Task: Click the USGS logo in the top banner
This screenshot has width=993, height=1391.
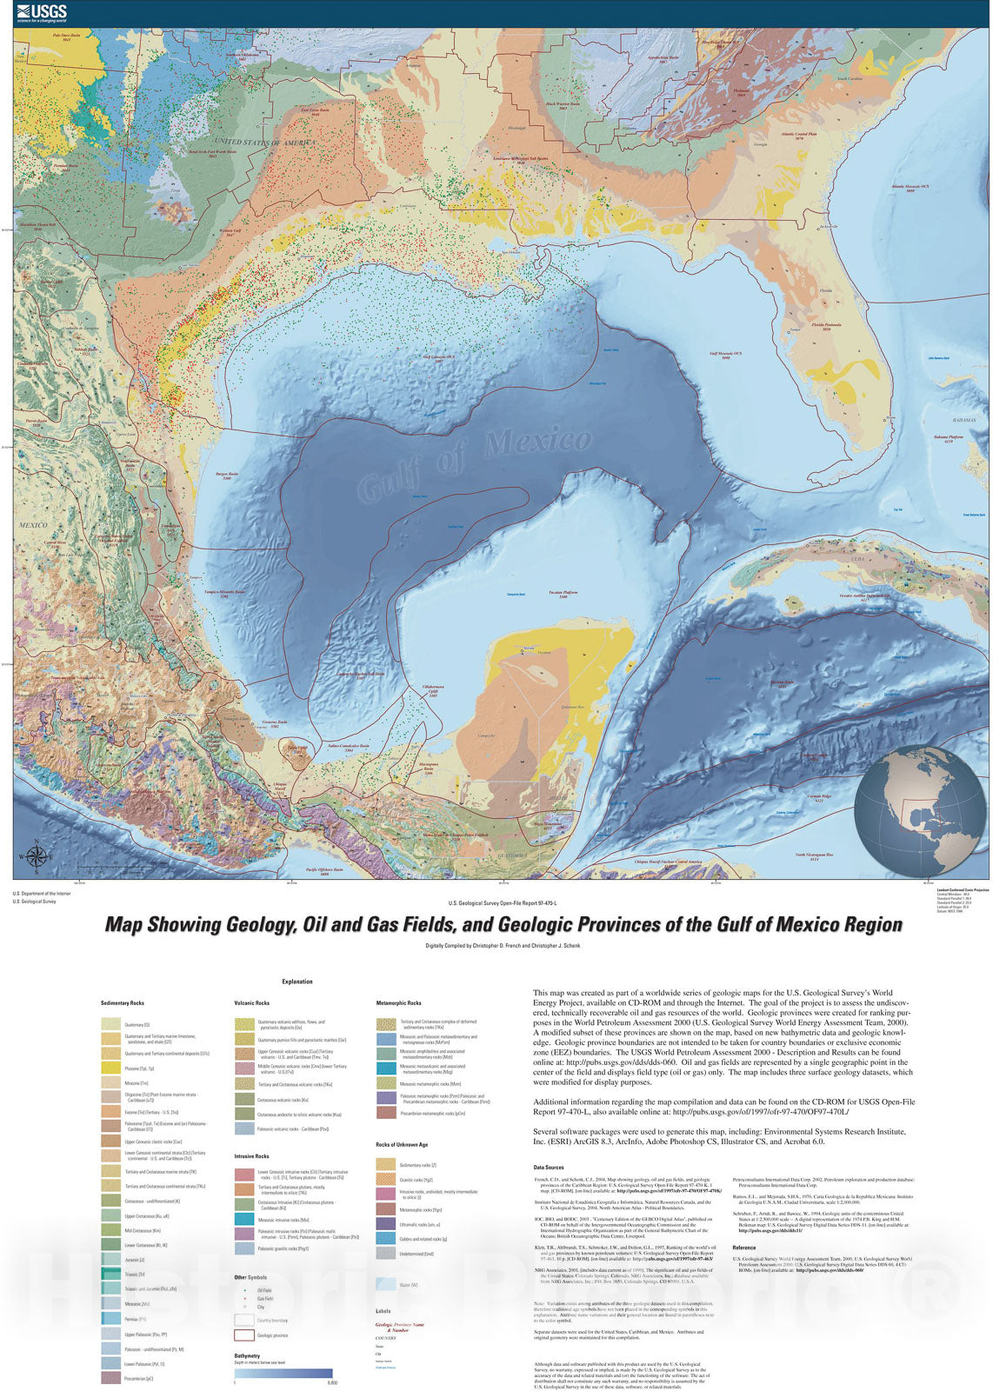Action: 41,13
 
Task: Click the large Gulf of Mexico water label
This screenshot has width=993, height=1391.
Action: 475,464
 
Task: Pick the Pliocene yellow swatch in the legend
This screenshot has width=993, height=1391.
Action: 110,1068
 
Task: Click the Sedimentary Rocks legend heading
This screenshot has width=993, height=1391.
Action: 123,1003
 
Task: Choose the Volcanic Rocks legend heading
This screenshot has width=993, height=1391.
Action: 251,1003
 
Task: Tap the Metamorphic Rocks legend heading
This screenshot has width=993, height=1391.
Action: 398,1003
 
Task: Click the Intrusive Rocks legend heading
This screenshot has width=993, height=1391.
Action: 251,1156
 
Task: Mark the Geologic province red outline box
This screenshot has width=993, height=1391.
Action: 243,1335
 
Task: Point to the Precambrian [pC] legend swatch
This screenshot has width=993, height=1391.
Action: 110,1378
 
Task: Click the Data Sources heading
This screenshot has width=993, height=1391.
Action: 549,1168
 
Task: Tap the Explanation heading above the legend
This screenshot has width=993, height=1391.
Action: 297,982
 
